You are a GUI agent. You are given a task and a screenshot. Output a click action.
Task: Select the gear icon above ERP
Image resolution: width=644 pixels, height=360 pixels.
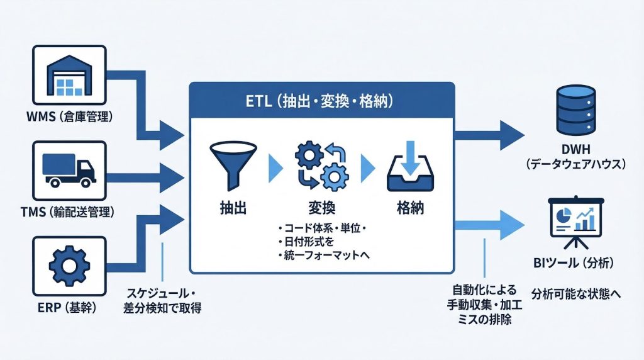click(x=70, y=266)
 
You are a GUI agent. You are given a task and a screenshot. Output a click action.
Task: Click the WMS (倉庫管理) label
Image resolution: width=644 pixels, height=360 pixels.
click(x=70, y=117)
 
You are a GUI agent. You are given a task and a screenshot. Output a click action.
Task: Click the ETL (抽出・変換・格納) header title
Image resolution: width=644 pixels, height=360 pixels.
click(x=321, y=100)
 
